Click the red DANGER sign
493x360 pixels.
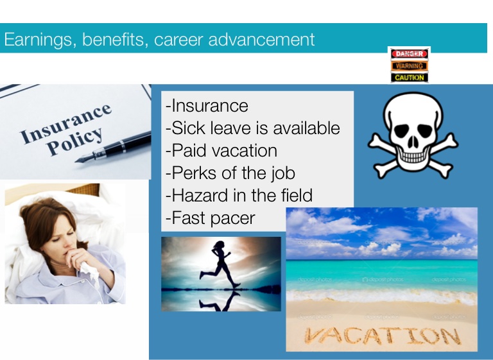409,54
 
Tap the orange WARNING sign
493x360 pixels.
409,66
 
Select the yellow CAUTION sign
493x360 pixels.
409,78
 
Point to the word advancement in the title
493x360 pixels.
262,39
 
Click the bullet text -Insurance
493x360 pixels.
207,106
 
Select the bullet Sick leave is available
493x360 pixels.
253,128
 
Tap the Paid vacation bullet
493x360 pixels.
221,150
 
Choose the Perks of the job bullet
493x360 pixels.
230,173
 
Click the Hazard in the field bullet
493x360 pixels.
239,195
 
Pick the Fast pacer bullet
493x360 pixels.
211,218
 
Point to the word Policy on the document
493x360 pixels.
75,141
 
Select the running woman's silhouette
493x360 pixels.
220,264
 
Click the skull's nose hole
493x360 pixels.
413,143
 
